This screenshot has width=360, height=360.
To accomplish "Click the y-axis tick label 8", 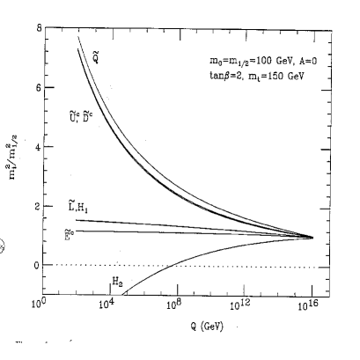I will click(36, 29).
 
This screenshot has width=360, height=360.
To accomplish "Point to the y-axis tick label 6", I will click(36, 89).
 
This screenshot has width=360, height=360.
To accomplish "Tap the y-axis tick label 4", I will click(36, 147).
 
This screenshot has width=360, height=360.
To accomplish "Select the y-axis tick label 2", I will click(36, 206).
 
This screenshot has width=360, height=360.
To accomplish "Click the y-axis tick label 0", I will click(36, 265).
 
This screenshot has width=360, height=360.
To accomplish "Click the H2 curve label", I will click(116, 283).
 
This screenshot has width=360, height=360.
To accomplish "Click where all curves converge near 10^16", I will click(312, 237).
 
